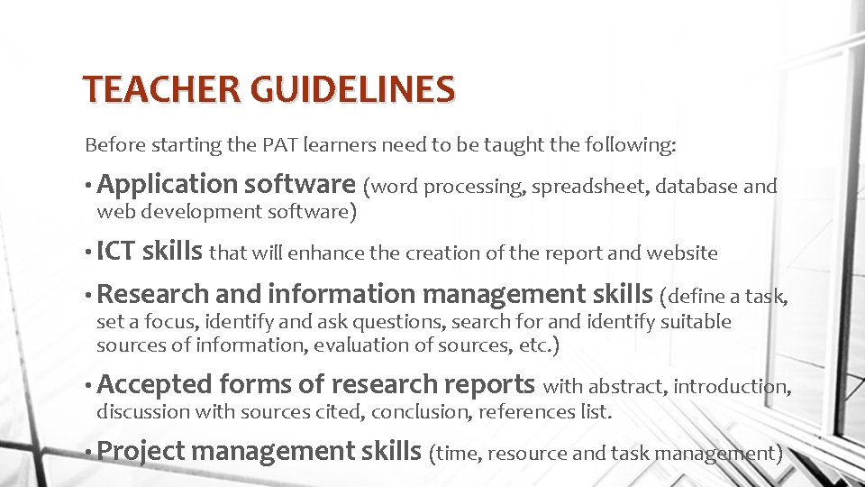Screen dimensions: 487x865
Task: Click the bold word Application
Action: tap(167, 185)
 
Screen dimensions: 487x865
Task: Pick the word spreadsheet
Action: tap(588, 187)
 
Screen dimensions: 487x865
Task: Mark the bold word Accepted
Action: tap(154, 385)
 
